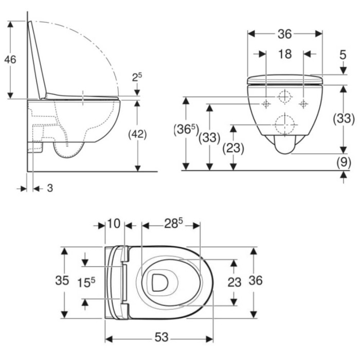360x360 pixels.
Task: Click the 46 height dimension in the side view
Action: (x=10, y=60)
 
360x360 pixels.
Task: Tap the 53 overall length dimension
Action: (x=161, y=337)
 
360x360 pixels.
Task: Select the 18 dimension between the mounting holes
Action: (x=285, y=54)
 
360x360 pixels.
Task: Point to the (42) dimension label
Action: (x=137, y=134)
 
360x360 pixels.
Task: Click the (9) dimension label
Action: (x=344, y=162)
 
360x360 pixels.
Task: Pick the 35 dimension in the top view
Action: (x=62, y=280)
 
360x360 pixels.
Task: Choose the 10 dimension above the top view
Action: (x=114, y=223)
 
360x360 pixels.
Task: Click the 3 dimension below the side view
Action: (x=50, y=188)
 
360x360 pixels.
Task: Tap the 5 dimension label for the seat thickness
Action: (x=343, y=55)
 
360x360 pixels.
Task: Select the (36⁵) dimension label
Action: (x=186, y=130)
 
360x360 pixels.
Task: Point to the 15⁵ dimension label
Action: (x=86, y=282)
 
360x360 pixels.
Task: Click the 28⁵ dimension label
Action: (x=173, y=223)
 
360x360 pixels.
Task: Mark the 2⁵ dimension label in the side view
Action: (x=137, y=77)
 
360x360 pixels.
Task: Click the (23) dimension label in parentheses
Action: (x=233, y=148)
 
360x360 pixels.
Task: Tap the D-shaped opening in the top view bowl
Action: (x=159, y=282)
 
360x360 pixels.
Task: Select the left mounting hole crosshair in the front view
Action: (x=266, y=104)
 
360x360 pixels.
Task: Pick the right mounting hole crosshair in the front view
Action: (x=303, y=104)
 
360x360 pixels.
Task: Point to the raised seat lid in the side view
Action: (x=37, y=60)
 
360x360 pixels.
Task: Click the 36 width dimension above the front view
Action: (x=285, y=34)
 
